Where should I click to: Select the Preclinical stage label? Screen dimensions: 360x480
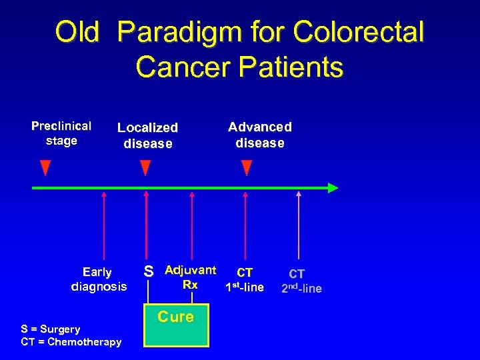(61, 133)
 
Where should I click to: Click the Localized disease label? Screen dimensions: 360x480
(147, 135)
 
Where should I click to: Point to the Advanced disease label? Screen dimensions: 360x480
(259, 135)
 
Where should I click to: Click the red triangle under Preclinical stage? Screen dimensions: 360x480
(45, 167)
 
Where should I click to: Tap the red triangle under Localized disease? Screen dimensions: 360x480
(145, 167)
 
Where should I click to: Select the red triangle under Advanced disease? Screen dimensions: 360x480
(246, 167)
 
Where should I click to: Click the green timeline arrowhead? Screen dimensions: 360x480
(332, 188)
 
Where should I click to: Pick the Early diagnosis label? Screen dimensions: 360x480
(98, 279)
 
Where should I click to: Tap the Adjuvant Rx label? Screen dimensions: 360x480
(190, 277)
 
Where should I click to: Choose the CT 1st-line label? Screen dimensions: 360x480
(245, 280)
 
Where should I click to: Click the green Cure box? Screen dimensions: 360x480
(177, 325)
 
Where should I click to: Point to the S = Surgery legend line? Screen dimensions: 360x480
(51, 329)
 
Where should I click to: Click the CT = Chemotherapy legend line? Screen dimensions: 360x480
(71, 342)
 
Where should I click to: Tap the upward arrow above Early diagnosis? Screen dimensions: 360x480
(104, 227)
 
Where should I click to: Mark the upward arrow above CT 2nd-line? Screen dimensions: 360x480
(299, 227)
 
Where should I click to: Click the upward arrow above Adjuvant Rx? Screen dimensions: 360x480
(192, 227)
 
